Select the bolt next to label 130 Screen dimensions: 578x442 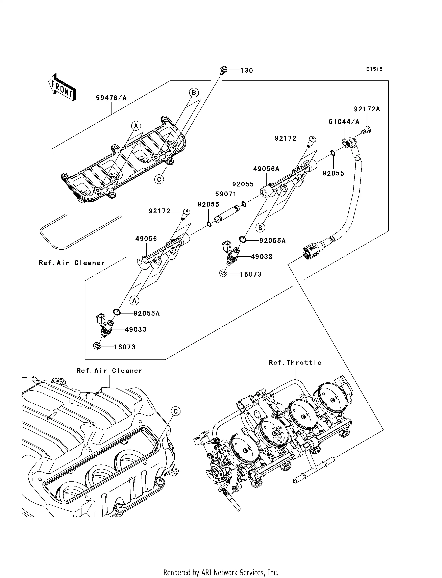224,70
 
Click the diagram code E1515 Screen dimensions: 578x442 374,69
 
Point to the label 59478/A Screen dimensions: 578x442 111,98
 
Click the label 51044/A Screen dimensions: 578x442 344,122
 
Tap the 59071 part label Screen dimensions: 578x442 226,194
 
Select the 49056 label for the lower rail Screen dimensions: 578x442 146,239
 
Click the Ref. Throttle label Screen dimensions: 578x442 295,362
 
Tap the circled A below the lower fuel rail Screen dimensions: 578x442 134,300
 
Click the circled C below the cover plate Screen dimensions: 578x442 159,179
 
